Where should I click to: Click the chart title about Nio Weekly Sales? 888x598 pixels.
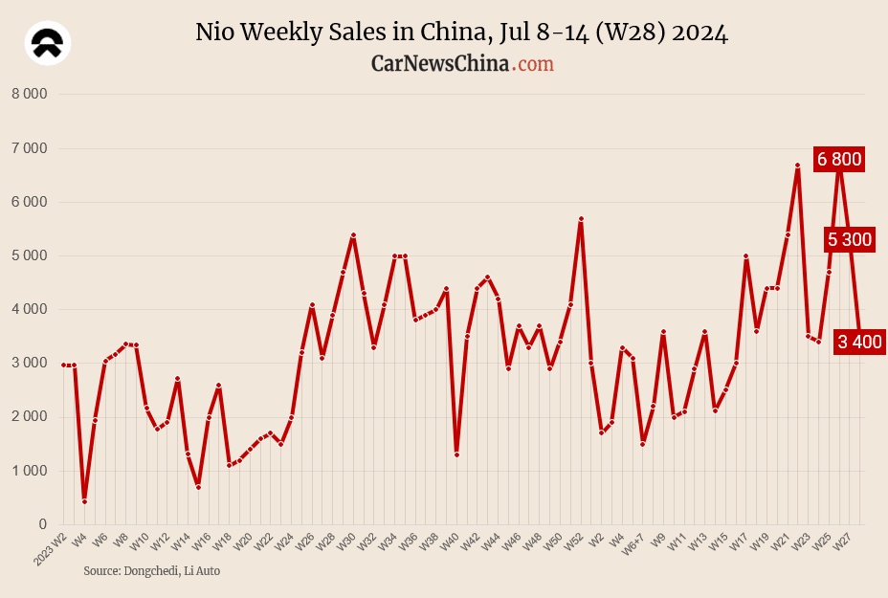461,33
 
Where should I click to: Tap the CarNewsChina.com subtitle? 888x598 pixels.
461,63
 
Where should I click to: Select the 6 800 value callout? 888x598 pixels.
839,159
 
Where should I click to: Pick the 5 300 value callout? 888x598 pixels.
850,239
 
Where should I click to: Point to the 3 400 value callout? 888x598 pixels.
859,342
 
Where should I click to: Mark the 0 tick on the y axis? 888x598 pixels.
42,524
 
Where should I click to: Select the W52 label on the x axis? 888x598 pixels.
573,543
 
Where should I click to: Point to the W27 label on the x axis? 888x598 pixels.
843,543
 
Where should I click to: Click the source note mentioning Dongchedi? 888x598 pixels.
151,570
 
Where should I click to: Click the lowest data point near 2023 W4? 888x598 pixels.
84,501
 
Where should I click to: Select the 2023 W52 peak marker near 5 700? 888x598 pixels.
581,219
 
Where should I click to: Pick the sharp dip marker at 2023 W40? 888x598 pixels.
456,454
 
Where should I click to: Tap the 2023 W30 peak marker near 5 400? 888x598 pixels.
353,234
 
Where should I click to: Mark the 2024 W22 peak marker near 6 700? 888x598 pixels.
797,166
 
